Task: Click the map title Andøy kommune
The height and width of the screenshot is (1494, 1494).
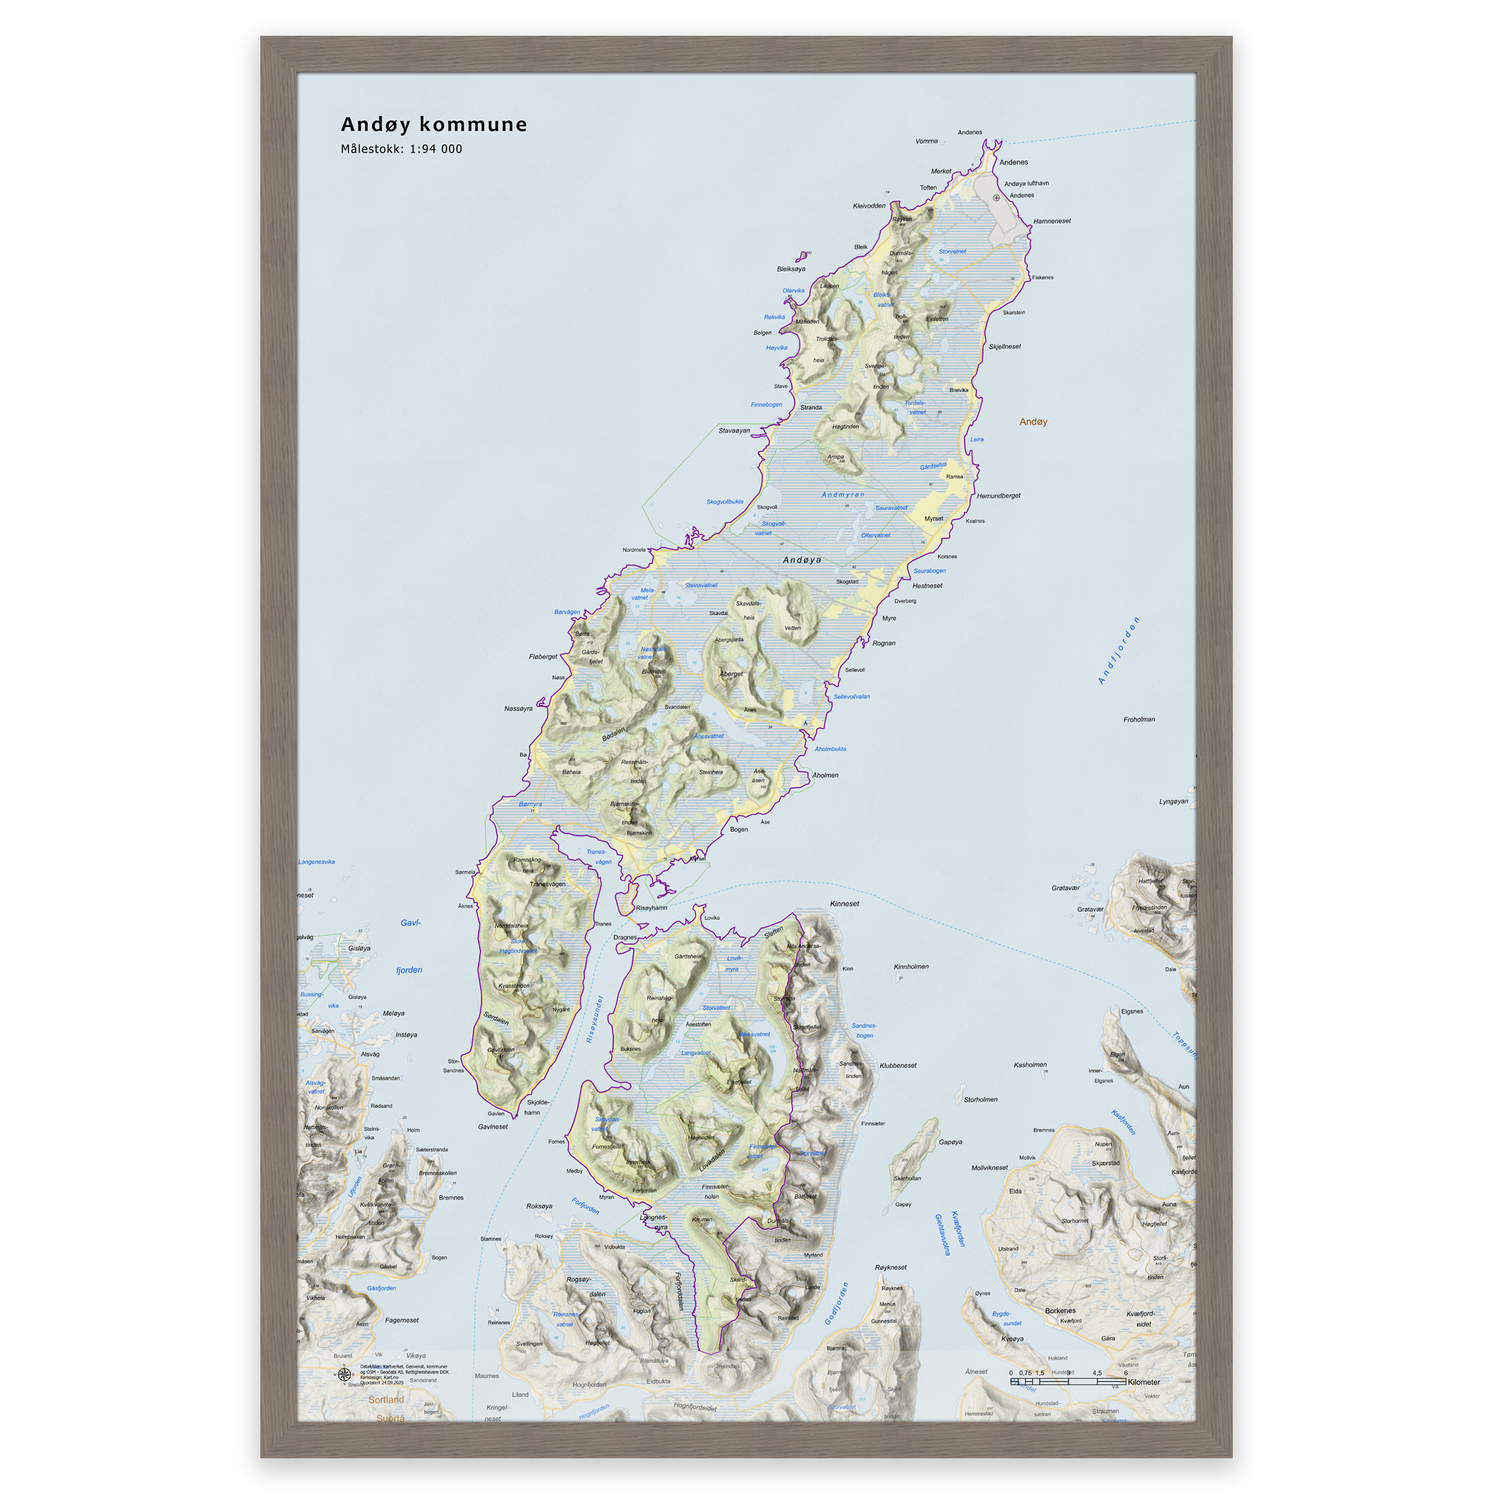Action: pyautogui.click(x=434, y=125)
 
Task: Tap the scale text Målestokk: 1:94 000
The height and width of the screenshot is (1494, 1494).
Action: pyautogui.click(x=401, y=150)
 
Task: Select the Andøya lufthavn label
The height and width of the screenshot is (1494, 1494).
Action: pyautogui.click(x=1026, y=183)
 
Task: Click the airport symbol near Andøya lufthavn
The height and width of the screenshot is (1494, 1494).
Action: pyautogui.click(x=996, y=198)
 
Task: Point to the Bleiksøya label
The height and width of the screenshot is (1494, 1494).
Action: pyautogui.click(x=791, y=269)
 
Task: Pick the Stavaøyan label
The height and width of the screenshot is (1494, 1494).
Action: pyautogui.click(x=734, y=430)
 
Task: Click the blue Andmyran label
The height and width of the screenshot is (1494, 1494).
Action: pyautogui.click(x=843, y=494)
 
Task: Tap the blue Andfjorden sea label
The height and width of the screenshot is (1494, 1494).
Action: pyautogui.click(x=1119, y=650)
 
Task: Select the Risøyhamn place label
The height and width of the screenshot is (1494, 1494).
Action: pyautogui.click(x=651, y=907)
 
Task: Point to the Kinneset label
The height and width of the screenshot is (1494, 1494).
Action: pyautogui.click(x=845, y=903)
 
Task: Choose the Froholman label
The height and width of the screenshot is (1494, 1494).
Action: pyautogui.click(x=1139, y=719)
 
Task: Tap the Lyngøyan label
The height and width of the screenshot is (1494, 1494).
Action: pyautogui.click(x=1173, y=801)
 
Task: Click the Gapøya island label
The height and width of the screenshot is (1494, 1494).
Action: pyautogui.click(x=951, y=1142)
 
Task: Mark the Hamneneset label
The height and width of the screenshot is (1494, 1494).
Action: pyautogui.click(x=1052, y=221)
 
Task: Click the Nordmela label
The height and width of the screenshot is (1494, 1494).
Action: pyautogui.click(x=634, y=550)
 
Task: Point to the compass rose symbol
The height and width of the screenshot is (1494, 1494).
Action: pyautogui.click(x=345, y=1374)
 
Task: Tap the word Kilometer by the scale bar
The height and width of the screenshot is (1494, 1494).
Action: pyautogui.click(x=1144, y=1382)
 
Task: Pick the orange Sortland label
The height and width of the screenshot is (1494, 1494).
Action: pyautogui.click(x=386, y=1400)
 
